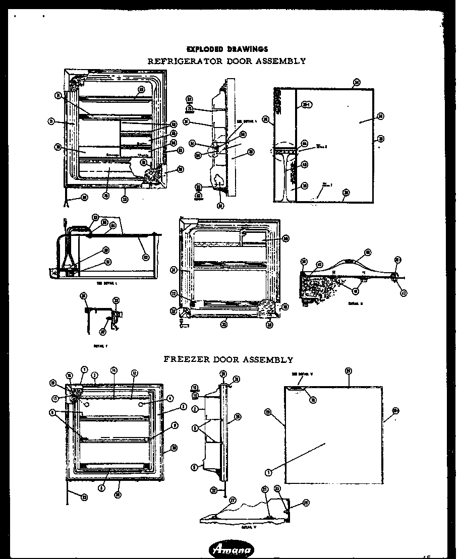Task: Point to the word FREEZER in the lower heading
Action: click(x=188, y=360)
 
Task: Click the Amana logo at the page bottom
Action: click(x=232, y=550)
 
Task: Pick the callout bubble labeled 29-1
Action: click(x=305, y=105)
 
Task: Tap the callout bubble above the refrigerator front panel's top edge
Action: click(x=357, y=82)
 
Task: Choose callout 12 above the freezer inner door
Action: click(x=135, y=372)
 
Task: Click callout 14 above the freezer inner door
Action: click(x=114, y=370)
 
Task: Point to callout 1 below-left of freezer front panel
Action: click(x=268, y=472)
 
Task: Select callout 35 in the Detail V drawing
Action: click(x=277, y=488)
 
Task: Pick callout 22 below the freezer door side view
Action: click(x=214, y=490)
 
